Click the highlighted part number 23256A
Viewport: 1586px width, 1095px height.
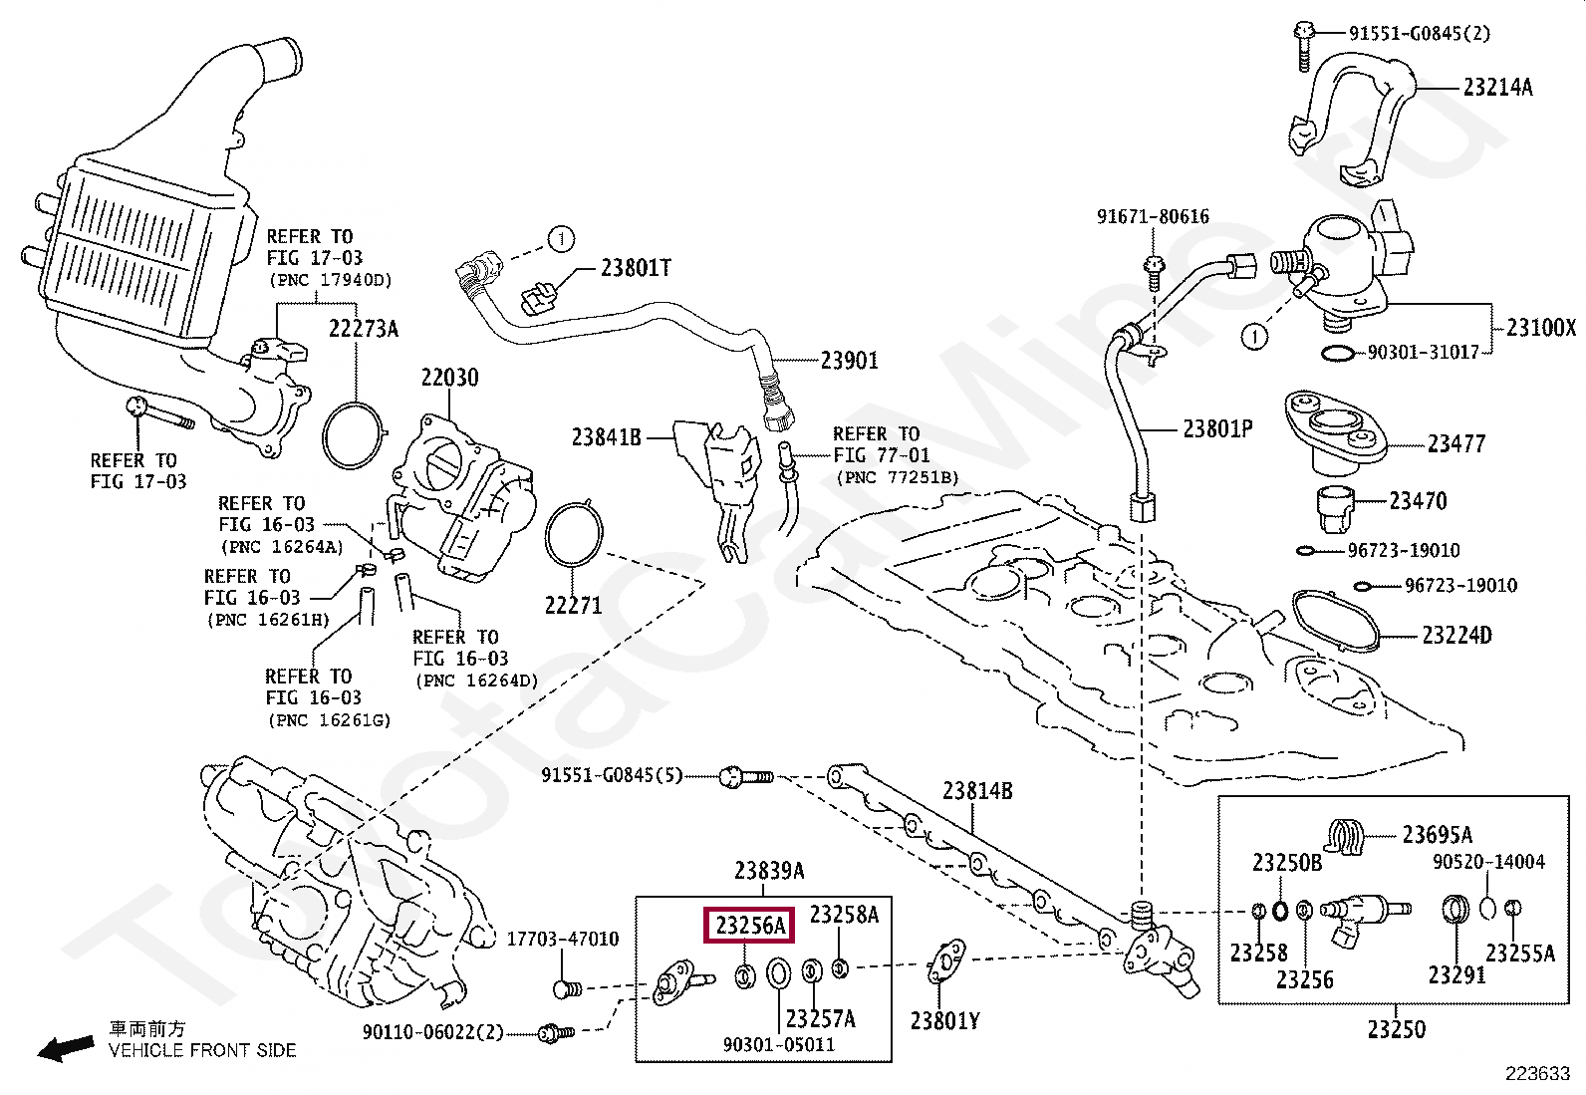pos(749,926)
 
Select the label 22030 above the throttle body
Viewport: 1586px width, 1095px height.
pos(448,378)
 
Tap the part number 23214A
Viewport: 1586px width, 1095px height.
pos(1497,87)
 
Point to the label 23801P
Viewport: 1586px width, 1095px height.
pos(1217,428)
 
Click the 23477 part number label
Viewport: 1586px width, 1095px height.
pos(1455,443)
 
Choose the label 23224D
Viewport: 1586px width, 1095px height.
pos(1455,635)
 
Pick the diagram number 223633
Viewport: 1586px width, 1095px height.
pos(1537,1074)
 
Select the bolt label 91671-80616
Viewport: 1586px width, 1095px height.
pos(1153,216)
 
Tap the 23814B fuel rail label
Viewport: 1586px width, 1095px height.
pos(977,791)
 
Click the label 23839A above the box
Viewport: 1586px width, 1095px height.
pos(769,871)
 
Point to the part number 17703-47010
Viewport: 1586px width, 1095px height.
pos(563,939)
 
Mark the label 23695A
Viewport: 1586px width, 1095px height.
pos(1437,835)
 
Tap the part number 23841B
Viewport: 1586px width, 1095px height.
pos(607,436)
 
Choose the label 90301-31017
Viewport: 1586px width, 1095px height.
pos(1430,352)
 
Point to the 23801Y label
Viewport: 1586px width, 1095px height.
pos(944,1020)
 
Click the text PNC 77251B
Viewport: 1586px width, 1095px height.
pos(897,478)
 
